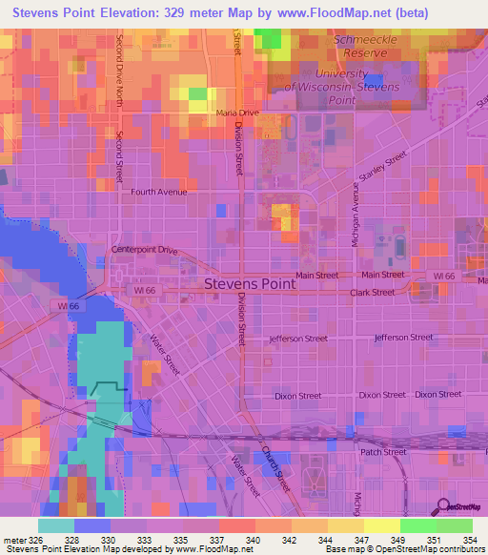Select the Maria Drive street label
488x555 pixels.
pos(237,113)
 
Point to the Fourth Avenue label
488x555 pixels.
pos(159,192)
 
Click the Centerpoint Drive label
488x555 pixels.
pos(145,250)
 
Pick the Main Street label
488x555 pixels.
pos(316,276)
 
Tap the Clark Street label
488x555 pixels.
pos(372,293)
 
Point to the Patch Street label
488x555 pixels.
pos(383,452)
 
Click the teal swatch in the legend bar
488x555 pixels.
pos(55,524)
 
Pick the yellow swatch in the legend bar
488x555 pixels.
pos(381,524)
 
